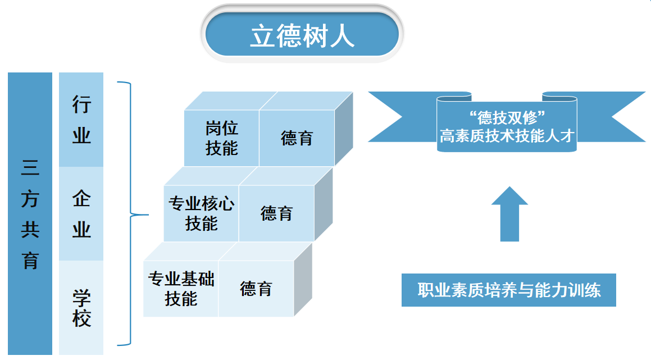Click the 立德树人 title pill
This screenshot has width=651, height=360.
click(302, 34)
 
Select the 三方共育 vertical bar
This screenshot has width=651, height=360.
click(30, 213)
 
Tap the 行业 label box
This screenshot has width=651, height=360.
click(81, 120)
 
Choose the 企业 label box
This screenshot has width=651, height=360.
click(81, 214)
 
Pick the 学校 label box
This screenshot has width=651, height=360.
click(81, 308)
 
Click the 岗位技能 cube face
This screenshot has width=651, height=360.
click(222, 138)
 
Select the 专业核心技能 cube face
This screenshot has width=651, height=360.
click(201, 213)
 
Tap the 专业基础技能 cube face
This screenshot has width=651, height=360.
click(181, 289)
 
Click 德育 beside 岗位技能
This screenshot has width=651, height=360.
click(297, 138)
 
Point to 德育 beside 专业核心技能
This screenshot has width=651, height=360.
click(276, 213)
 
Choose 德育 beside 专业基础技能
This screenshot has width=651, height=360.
click(256, 289)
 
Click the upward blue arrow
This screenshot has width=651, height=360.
click(509, 214)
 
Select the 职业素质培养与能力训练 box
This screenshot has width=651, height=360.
click(508, 290)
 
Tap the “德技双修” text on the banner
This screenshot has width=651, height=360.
click(507, 117)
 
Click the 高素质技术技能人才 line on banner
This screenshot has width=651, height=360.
click(507, 136)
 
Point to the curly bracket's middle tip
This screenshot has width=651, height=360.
click(147, 215)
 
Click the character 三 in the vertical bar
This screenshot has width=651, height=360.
click(30, 167)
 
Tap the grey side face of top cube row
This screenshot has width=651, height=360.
click(344, 129)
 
